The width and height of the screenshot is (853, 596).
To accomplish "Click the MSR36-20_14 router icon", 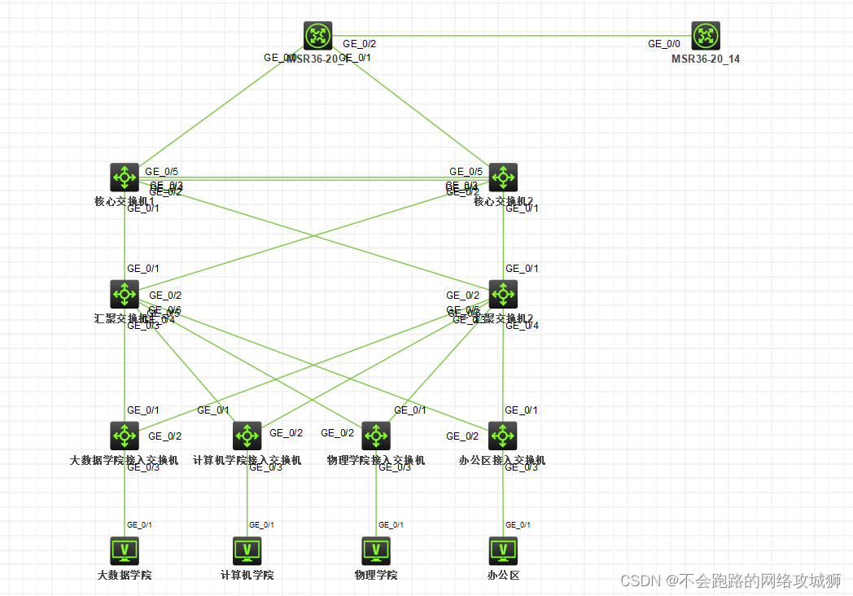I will [x=706, y=36].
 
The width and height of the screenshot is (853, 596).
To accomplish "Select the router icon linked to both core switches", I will [x=318, y=36].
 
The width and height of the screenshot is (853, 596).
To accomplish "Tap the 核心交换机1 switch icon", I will [x=125, y=177].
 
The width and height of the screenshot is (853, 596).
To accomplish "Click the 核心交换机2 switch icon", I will [x=503, y=177].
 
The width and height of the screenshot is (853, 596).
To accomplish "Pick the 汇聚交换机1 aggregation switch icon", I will [x=125, y=294].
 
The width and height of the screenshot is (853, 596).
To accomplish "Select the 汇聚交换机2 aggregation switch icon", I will [x=503, y=294].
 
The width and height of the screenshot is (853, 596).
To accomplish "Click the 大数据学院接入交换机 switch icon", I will [x=125, y=436].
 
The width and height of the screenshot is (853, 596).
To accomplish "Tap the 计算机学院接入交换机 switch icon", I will [x=247, y=436].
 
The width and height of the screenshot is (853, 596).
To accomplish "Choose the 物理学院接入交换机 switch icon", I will [x=376, y=436].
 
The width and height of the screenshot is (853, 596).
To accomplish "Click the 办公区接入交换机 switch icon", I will [x=503, y=436].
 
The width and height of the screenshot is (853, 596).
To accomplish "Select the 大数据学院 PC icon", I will [x=125, y=550].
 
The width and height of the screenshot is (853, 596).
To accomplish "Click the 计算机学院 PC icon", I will [x=247, y=550].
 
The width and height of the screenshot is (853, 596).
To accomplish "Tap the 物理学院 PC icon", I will [x=376, y=550].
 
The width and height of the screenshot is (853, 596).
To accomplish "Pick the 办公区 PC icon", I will [x=503, y=550].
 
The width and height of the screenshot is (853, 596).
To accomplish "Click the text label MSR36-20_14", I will [x=706, y=59].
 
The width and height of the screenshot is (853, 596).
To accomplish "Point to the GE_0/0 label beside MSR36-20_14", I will [x=665, y=44].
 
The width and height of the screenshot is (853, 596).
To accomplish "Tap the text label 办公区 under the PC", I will [x=503, y=575].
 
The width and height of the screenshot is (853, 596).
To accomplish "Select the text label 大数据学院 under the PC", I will [x=125, y=575].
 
